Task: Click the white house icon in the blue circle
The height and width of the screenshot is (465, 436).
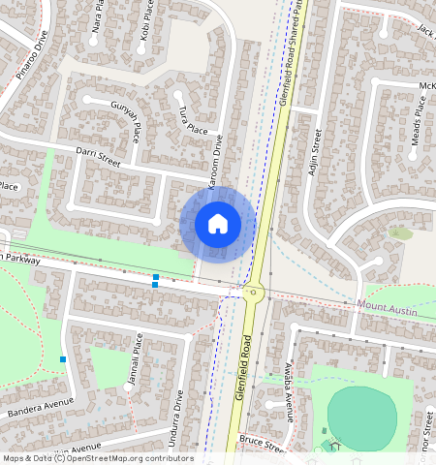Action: (218, 224)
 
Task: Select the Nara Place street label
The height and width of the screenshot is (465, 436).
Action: (96, 17)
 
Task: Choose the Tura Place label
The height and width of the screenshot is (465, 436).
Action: (191, 120)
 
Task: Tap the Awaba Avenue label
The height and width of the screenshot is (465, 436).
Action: (288, 393)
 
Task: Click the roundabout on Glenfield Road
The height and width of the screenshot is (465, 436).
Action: (254, 291)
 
